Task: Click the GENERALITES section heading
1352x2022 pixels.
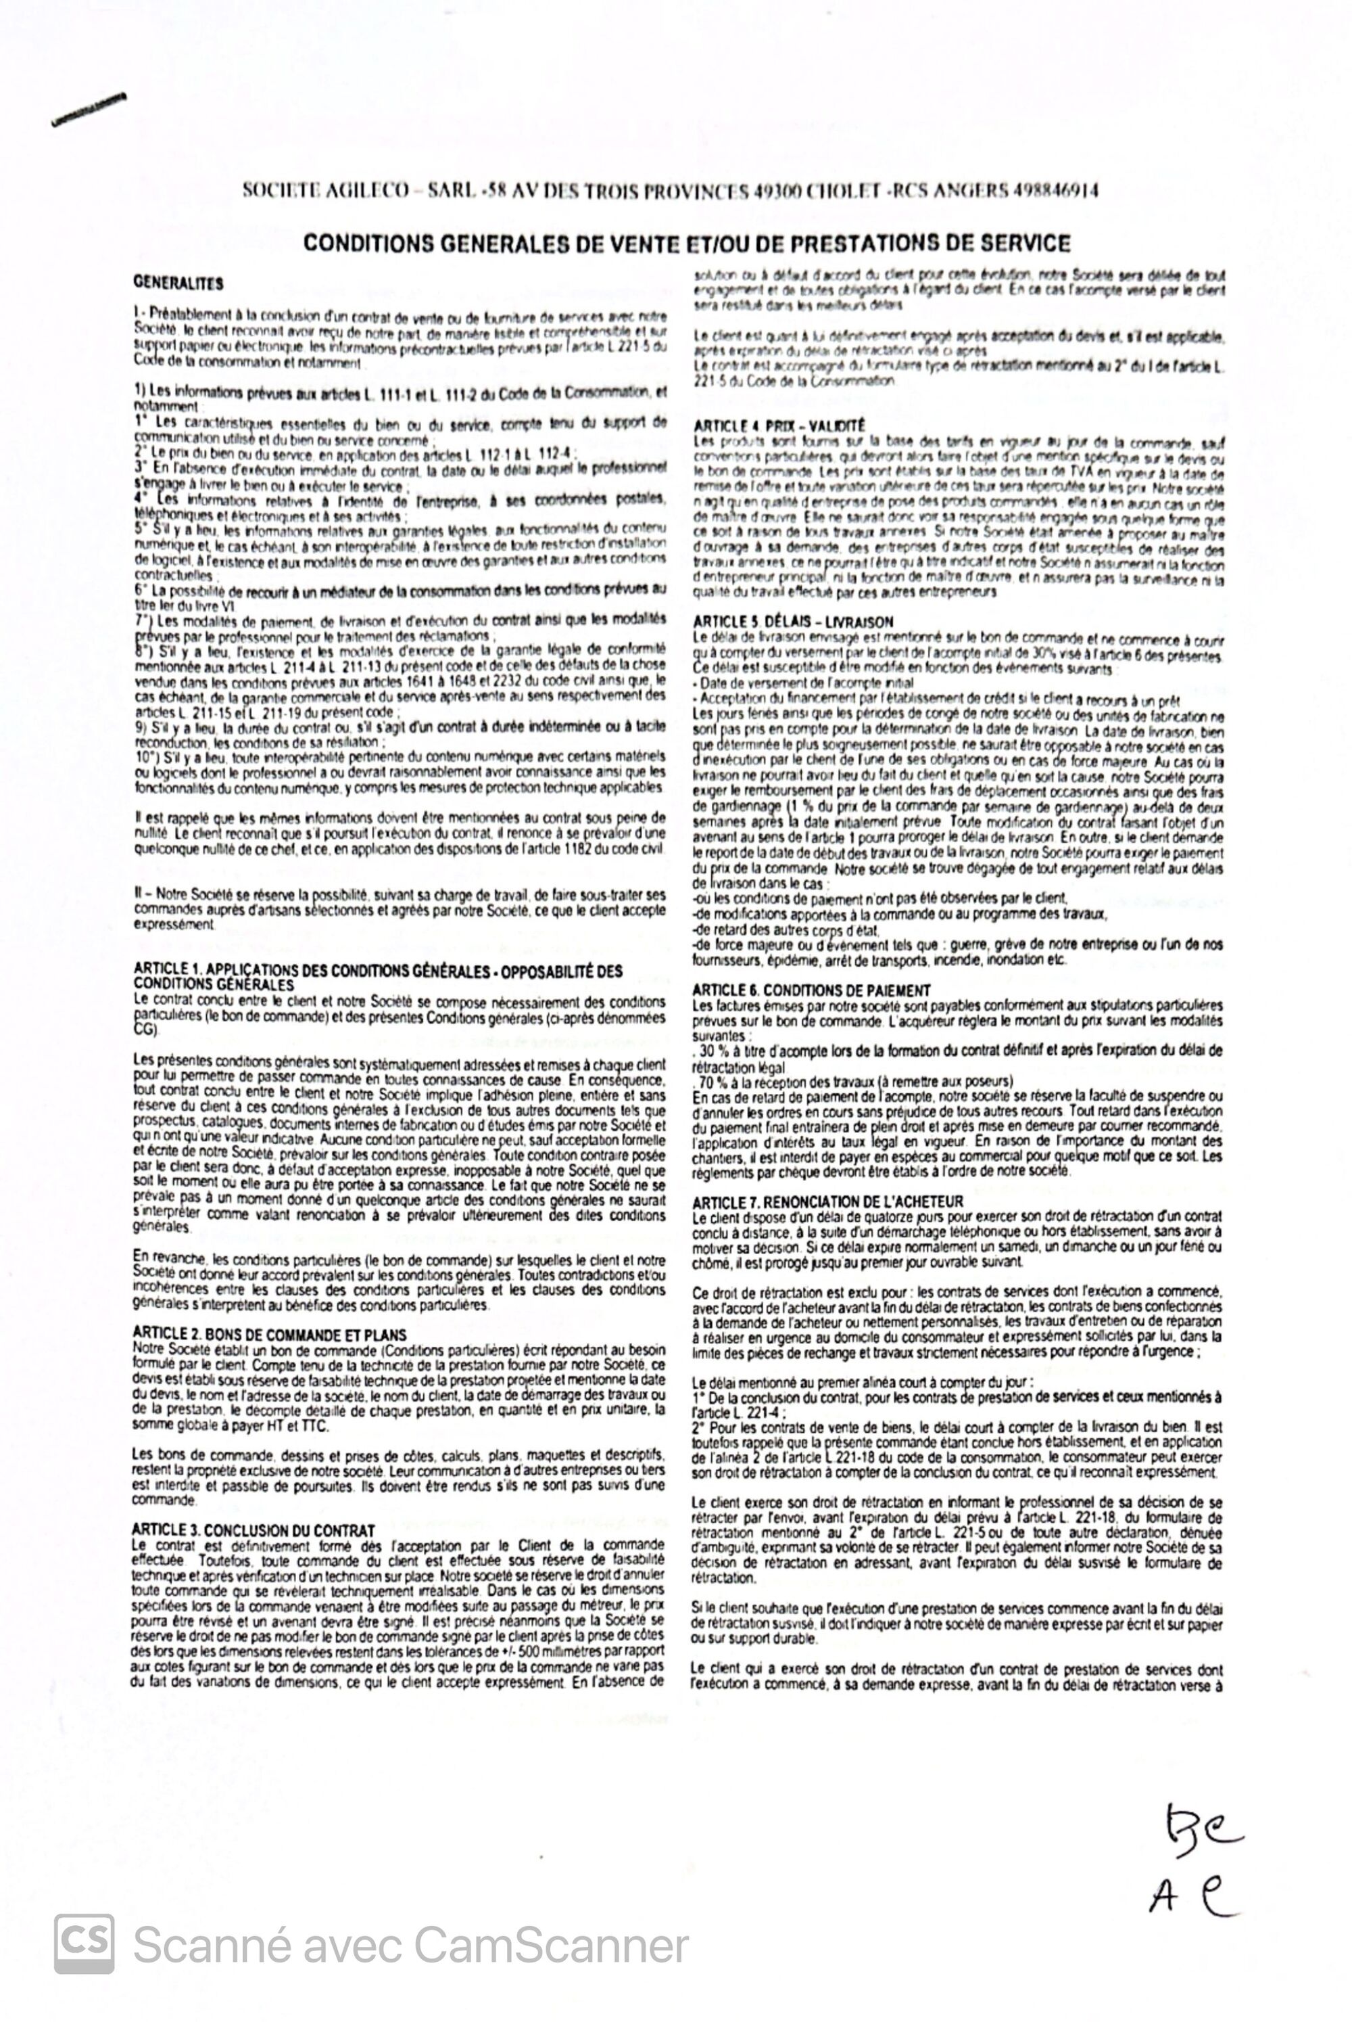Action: pos(178,283)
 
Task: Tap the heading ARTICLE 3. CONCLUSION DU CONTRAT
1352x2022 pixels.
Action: pos(254,1530)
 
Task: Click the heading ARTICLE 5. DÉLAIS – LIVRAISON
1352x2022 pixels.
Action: pos(793,621)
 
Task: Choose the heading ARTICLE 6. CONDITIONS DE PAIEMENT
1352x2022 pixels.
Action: pos(811,990)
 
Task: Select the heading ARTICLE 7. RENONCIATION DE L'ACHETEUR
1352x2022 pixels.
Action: pos(827,1201)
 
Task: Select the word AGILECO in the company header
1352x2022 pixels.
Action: pos(367,190)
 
